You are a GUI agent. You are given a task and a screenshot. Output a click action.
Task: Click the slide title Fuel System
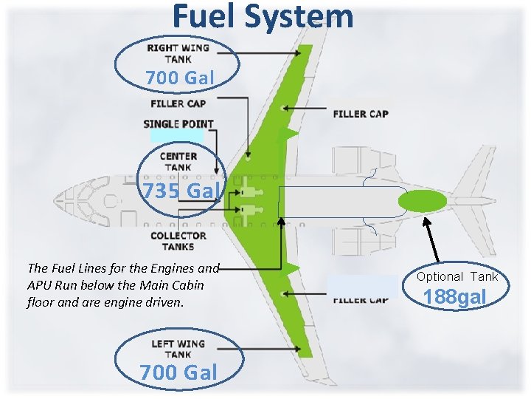click(x=263, y=16)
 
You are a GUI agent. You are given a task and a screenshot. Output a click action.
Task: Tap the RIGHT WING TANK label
click(x=178, y=53)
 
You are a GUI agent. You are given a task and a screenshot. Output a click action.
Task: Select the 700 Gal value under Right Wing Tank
click(x=179, y=77)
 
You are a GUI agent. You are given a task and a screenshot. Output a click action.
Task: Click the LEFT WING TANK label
click(x=178, y=349)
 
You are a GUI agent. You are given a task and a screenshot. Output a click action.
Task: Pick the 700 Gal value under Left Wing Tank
click(x=178, y=372)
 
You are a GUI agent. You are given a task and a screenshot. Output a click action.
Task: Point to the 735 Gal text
click(x=181, y=191)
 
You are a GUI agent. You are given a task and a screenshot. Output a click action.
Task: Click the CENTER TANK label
click(x=178, y=161)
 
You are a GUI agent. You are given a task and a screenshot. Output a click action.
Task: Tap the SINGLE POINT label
click(x=178, y=123)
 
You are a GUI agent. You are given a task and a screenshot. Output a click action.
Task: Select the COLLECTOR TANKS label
click(x=178, y=241)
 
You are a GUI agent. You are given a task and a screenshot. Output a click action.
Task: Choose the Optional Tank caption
click(x=457, y=276)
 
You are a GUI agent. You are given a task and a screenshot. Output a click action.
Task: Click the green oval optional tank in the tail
click(x=423, y=200)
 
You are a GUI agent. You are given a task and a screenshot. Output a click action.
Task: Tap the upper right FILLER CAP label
click(x=361, y=114)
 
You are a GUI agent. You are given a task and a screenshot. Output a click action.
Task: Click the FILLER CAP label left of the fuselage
click(x=178, y=103)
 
